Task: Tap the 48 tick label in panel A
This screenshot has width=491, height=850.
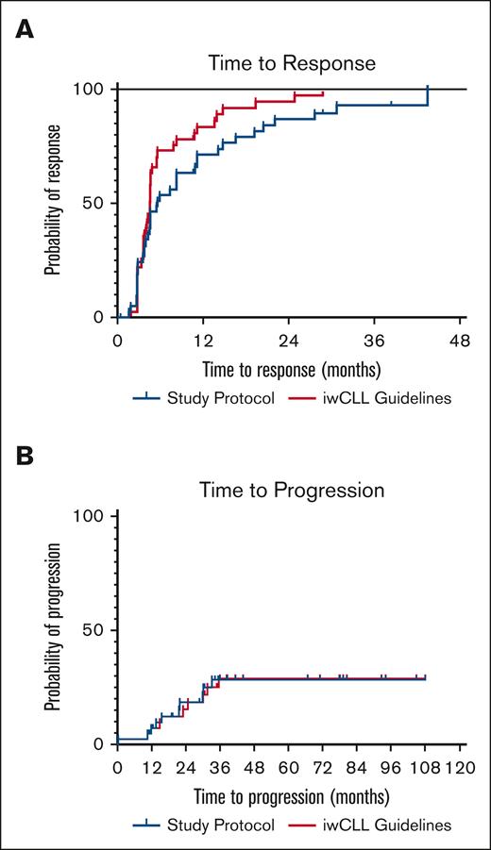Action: tap(460, 339)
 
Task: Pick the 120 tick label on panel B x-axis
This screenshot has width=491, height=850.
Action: tap(460, 766)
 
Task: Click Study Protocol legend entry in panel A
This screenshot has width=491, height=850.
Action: tap(209, 398)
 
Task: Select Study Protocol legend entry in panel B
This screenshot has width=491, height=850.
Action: tap(209, 825)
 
